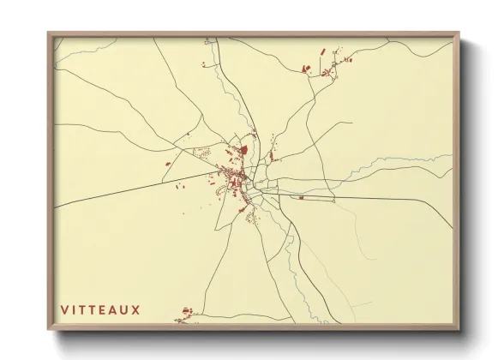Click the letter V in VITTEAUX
pyautogui.click(x=63, y=309)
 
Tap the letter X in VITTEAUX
pyautogui.click(x=135, y=309)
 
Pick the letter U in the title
pyautogui.click(x=125, y=309)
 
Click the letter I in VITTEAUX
pyautogui.click(x=74, y=309)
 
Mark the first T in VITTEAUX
pyautogui.click(x=83, y=309)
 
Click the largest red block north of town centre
pyautogui.click(x=243, y=150)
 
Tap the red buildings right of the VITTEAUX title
pyautogui.click(x=185, y=312)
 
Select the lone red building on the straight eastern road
pyautogui.click(x=301, y=197)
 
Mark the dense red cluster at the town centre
pyautogui.click(x=235, y=177)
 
